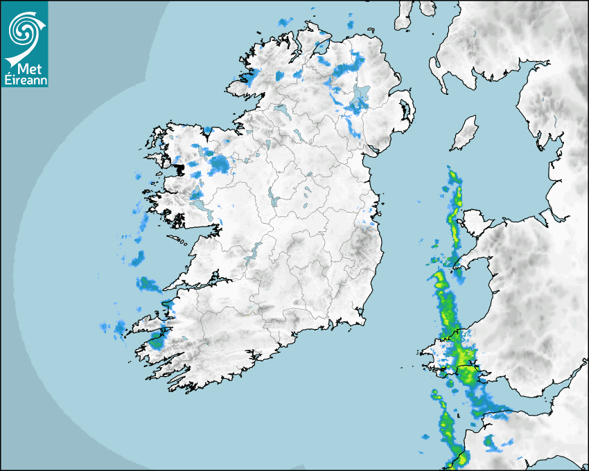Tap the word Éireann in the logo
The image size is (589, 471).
click(25, 80)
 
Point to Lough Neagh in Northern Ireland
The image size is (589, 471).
click(361, 98)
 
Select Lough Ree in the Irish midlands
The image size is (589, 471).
click(273, 198)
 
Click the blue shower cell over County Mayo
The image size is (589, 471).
click(220, 164)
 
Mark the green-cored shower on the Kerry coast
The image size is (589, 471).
click(157, 341)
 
